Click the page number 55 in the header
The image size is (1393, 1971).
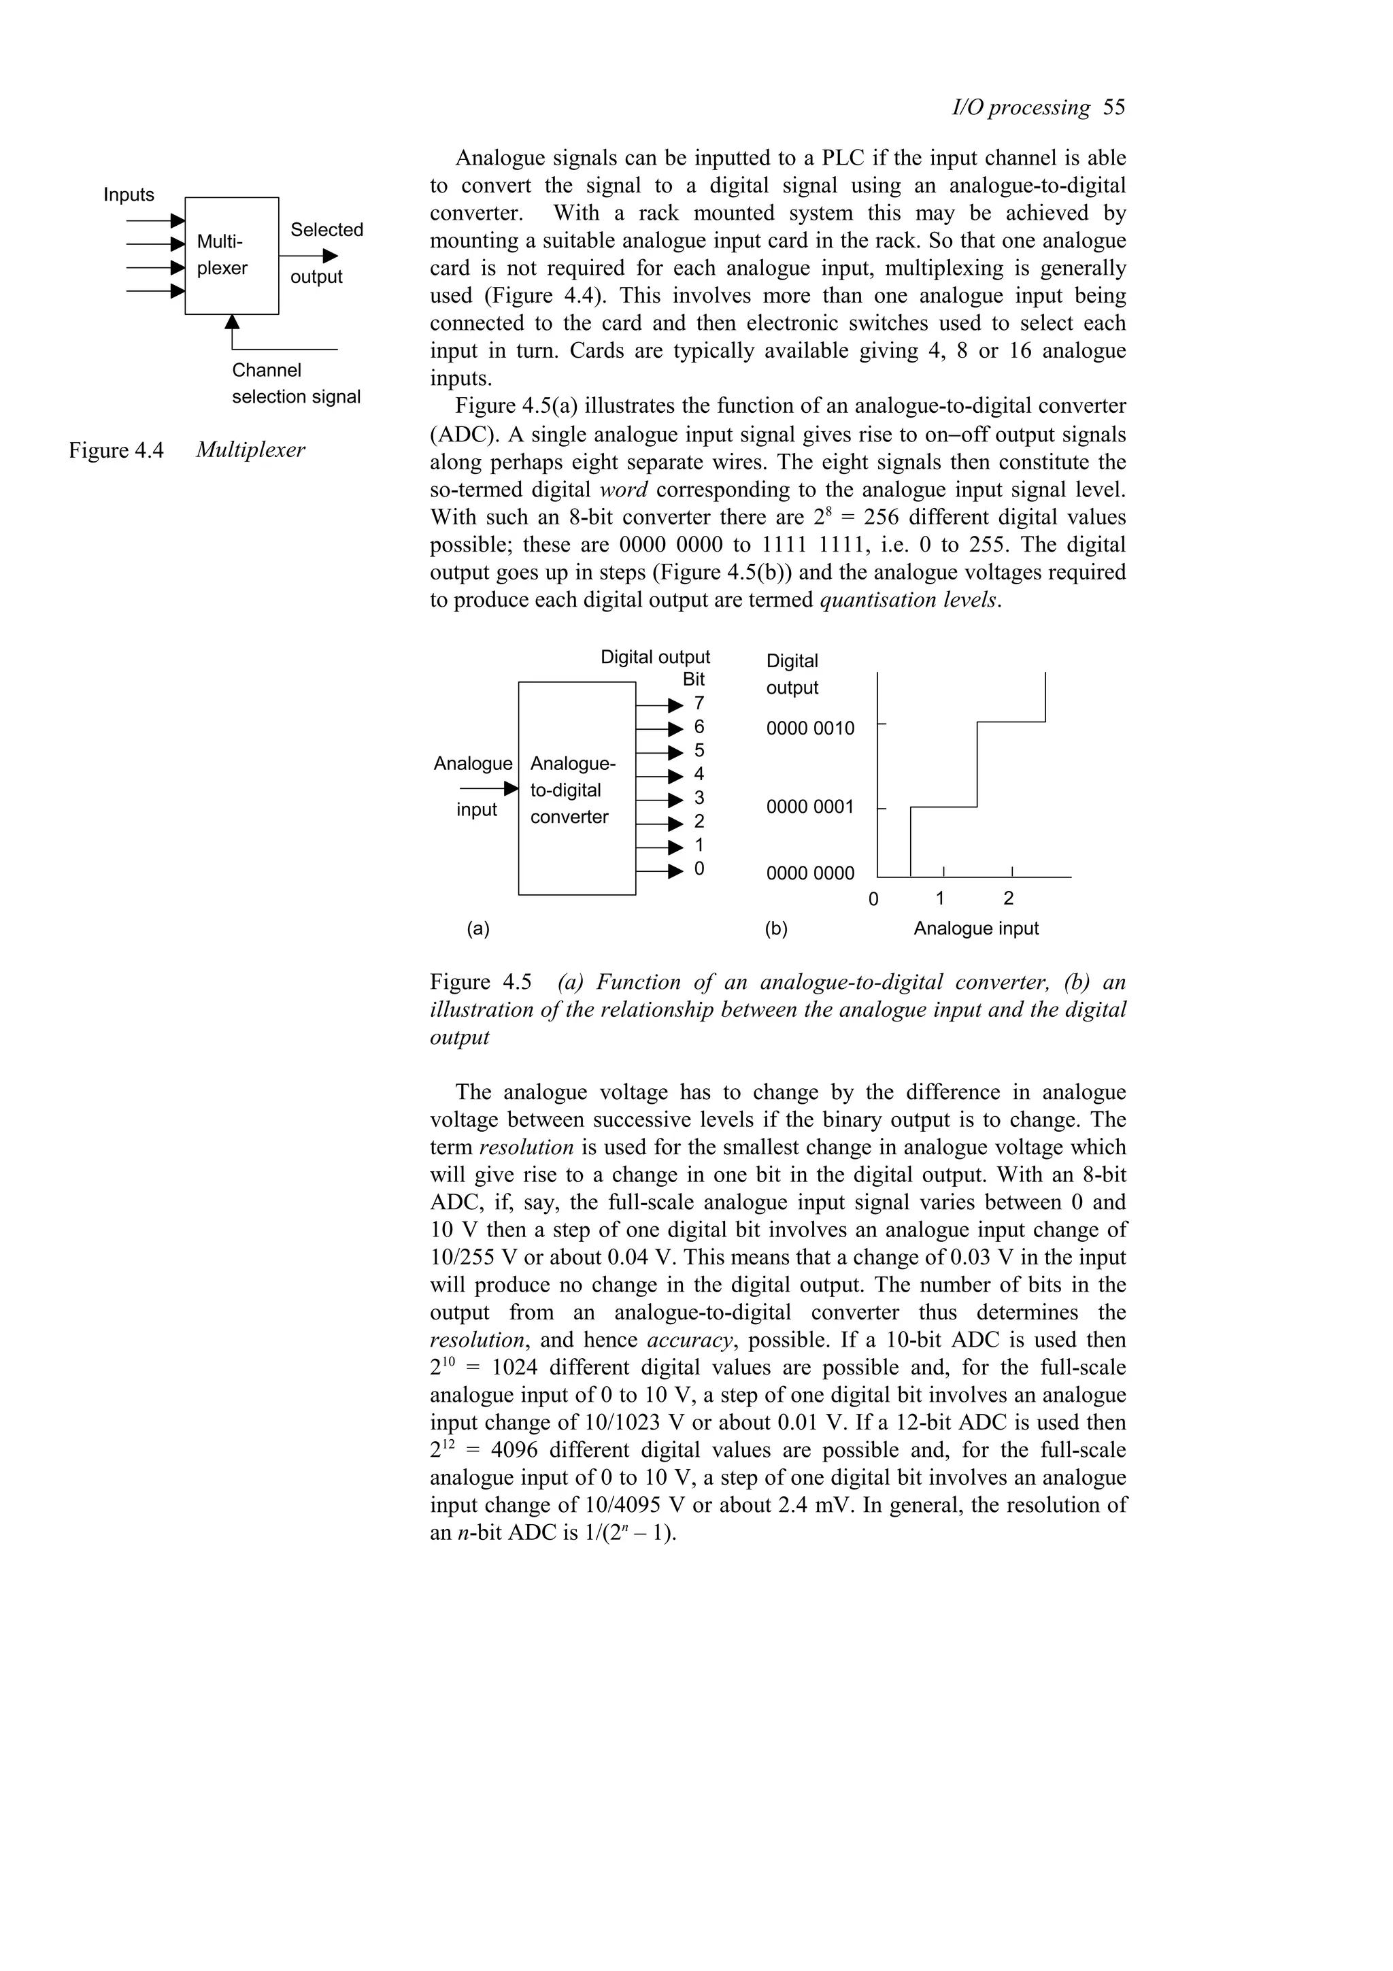click(x=1113, y=107)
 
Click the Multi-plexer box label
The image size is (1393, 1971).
click(x=222, y=255)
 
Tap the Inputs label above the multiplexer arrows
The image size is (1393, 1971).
click(x=129, y=195)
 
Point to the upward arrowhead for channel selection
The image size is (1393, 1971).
click(x=232, y=322)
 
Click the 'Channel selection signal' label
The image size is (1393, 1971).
click(x=295, y=384)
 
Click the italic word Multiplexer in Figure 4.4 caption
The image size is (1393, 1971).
click(x=250, y=450)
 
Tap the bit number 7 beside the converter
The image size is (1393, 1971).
click(x=699, y=704)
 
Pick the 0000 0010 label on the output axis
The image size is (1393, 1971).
click(x=809, y=729)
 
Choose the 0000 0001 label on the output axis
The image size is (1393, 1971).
click(x=809, y=807)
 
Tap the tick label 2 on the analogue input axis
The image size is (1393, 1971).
click(x=1009, y=899)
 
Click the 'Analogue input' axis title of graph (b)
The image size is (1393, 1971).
click(x=976, y=929)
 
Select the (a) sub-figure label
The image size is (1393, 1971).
click(x=478, y=929)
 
